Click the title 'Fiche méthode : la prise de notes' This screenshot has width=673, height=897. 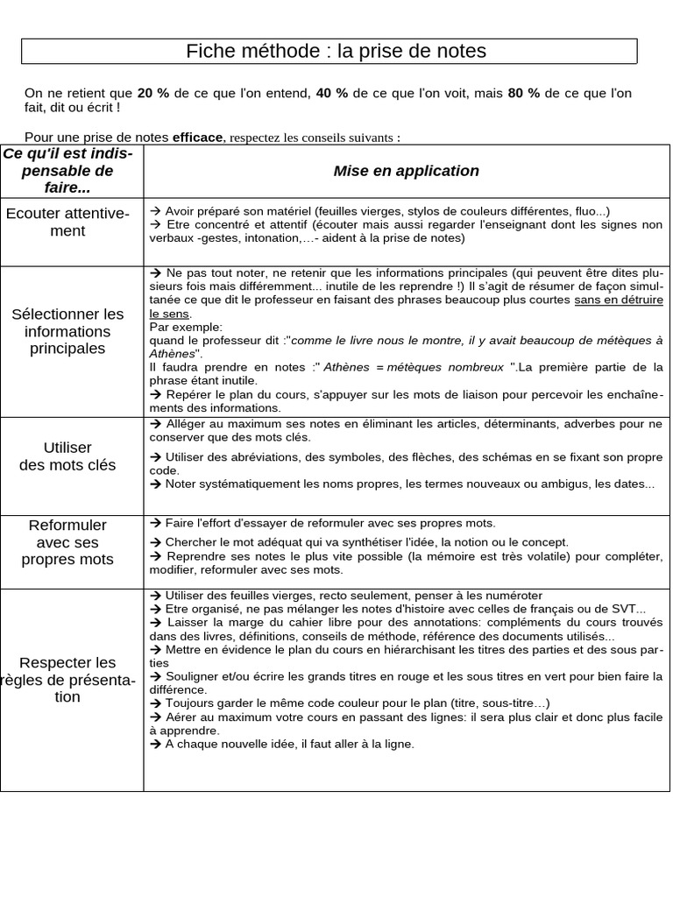click(336, 52)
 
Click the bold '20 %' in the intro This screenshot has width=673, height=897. click(153, 93)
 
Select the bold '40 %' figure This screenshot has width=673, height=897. click(330, 93)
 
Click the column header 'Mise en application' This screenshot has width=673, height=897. click(406, 171)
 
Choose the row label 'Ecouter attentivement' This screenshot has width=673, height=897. click(67, 222)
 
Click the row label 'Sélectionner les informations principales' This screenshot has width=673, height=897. click(67, 331)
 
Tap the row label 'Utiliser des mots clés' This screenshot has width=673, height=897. click(67, 456)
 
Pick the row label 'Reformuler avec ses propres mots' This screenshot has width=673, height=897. click(67, 542)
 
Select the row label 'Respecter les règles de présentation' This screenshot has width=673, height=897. click(67, 680)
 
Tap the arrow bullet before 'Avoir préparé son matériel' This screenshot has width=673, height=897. click(155, 211)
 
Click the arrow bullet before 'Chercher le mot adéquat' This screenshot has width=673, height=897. click(155, 542)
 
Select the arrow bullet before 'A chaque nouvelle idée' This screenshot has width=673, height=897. click(155, 744)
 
